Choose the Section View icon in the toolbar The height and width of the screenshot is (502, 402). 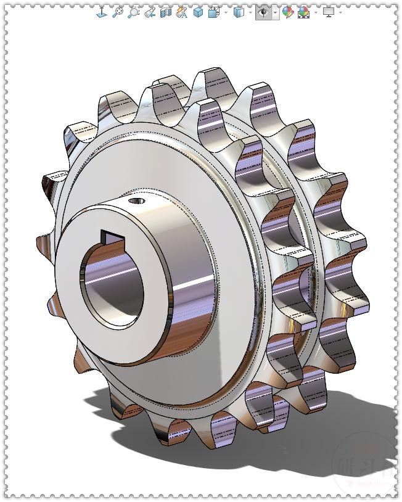[165, 12]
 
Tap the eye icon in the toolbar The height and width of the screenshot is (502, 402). [263, 12]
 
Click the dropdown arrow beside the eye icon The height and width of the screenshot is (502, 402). [275, 12]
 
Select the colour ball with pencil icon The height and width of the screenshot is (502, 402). [287, 12]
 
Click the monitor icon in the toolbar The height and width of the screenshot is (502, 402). [329, 12]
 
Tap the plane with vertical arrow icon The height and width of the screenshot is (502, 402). [102, 12]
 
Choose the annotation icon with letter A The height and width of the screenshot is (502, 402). [181, 12]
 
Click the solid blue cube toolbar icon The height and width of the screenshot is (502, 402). [198, 12]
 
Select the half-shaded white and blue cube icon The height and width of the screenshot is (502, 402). [239, 12]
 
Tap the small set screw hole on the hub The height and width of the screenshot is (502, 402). [137, 200]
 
